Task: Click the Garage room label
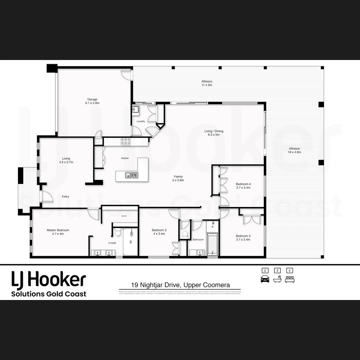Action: [92, 101]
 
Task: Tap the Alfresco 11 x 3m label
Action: [207, 83]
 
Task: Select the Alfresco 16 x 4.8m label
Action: [294, 150]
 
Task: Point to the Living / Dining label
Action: [214, 133]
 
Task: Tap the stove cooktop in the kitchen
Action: [126, 142]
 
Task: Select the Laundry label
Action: [141, 121]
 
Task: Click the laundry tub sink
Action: [136, 110]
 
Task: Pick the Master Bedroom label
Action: [58, 232]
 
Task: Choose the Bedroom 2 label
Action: [159, 232]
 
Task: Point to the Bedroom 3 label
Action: [243, 237]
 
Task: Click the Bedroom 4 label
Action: [243, 186]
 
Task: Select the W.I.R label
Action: [124, 216]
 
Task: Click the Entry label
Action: [65, 197]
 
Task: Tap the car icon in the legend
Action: [265, 279]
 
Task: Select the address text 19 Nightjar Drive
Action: [180, 285]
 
